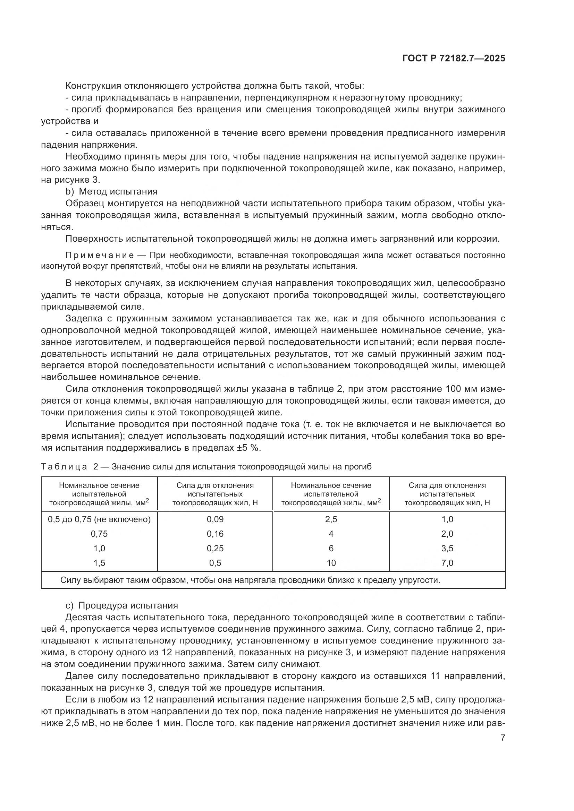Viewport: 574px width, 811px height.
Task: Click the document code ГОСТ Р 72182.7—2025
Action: pos(454,59)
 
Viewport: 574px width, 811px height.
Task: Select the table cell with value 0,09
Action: pos(215,519)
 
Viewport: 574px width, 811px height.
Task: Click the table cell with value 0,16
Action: pos(215,534)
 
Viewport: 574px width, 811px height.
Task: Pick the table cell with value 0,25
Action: pos(215,548)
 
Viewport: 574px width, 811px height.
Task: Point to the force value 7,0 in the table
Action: pos(447,563)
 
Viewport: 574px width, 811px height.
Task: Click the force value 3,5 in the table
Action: pos(447,548)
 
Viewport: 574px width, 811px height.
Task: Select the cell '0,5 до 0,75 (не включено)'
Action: pos(99,519)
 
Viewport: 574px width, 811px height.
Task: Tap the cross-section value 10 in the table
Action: pos(331,563)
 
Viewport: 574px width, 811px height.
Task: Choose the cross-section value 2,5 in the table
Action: pos(331,519)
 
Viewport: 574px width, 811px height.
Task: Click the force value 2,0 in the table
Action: pos(447,534)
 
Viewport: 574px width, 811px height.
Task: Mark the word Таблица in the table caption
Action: pos(64,467)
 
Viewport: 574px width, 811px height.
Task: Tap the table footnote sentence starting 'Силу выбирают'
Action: pos(250,580)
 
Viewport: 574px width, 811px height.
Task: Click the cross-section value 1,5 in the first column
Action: pos(99,563)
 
